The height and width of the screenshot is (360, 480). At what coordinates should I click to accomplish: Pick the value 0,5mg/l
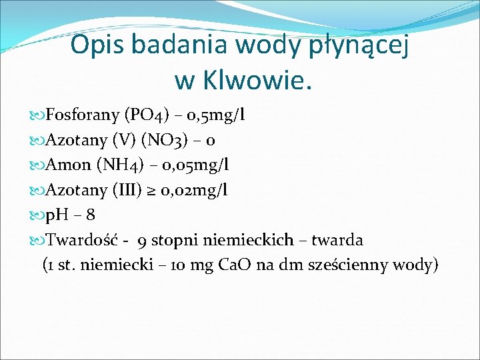pos(217,115)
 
